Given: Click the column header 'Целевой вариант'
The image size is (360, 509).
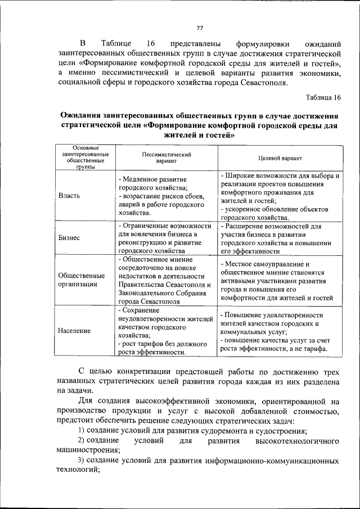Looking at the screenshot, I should (280, 159).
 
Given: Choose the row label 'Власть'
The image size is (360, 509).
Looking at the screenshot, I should (69, 196).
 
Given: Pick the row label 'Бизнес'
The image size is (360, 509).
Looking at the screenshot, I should (69, 238).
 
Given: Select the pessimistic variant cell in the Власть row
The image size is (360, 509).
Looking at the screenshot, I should (165, 196).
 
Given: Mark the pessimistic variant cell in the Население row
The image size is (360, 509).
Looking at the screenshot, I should (165, 331).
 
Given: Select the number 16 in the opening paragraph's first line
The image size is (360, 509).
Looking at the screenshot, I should (150, 43).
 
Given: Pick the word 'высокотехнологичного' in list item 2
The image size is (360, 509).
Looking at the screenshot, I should (297, 440).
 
